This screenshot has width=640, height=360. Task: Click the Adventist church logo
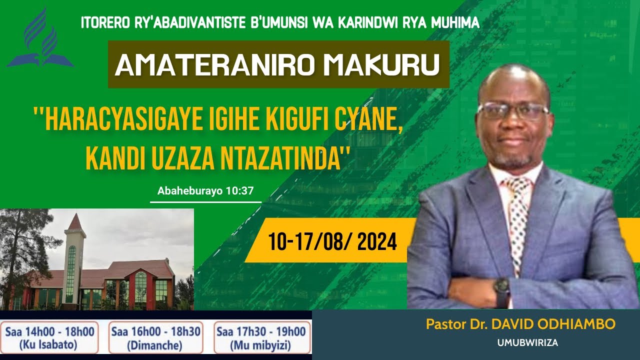coord(40,39)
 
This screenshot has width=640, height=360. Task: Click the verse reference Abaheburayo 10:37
coord(205,190)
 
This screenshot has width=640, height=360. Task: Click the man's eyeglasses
coord(512,110)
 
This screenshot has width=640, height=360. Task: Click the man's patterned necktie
coord(518,215)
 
